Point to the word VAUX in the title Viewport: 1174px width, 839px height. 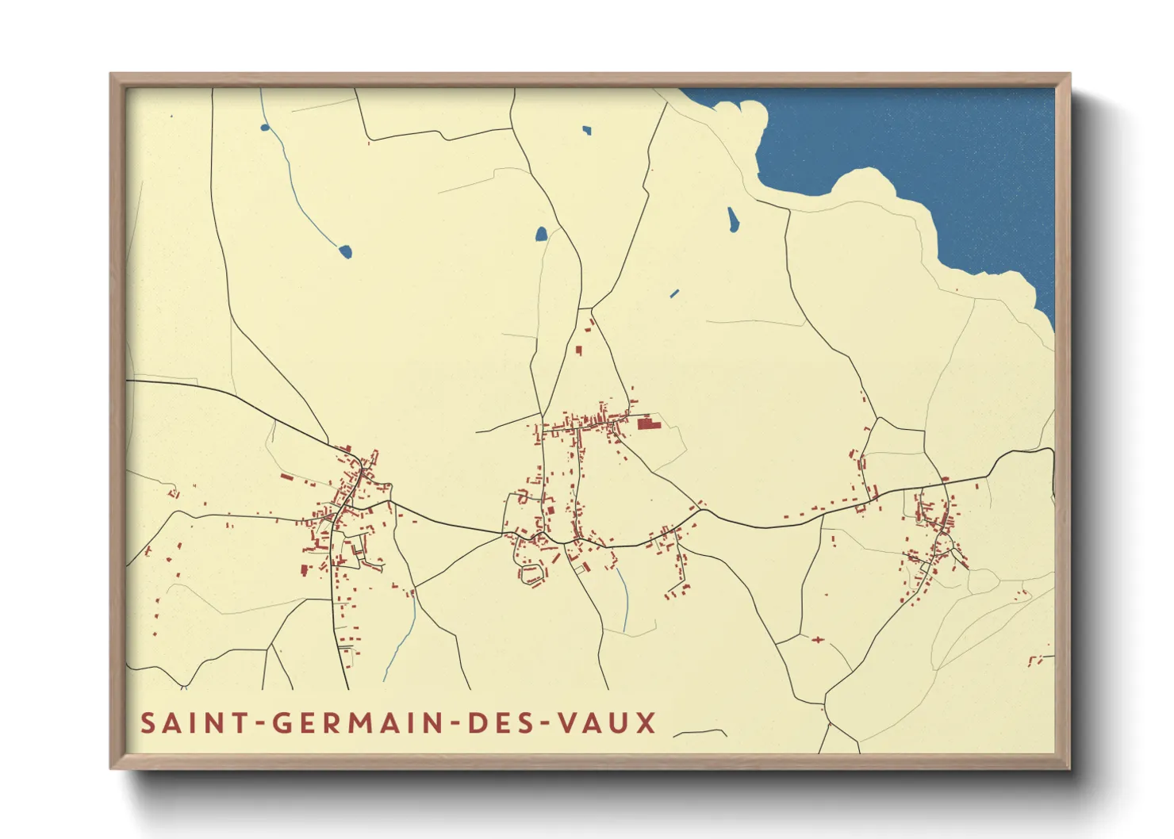pos(606,723)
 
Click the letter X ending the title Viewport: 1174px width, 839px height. pos(646,723)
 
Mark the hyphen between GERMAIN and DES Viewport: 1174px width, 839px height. pos(455,724)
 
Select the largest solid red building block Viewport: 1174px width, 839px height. pos(649,425)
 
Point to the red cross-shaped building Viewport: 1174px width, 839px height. pos(817,639)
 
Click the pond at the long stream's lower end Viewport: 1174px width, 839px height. pos(345,251)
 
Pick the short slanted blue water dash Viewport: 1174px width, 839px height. pos(674,293)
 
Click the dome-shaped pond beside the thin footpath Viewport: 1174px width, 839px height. pos(541,234)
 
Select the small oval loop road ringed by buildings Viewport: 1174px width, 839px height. pos(531,574)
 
